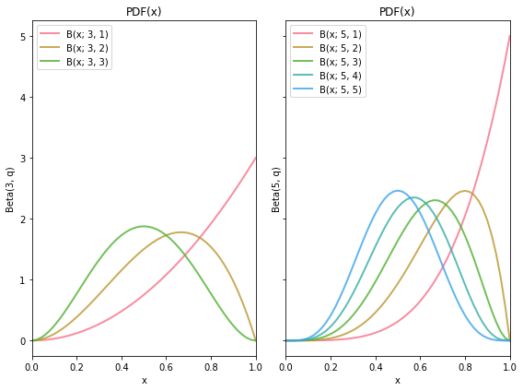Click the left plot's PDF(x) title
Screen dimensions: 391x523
click(x=144, y=12)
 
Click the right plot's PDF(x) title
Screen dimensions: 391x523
click(x=397, y=12)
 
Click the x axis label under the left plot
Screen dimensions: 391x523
click(x=144, y=380)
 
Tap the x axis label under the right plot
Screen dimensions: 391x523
click(x=397, y=380)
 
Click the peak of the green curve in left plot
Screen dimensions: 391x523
click(x=144, y=226)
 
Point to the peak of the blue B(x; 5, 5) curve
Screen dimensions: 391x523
click(x=398, y=191)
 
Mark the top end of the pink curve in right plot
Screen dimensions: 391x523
click(x=509, y=36)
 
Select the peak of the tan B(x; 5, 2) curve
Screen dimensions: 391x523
click(x=465, y=191)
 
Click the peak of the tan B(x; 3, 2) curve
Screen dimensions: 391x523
click(x=181, y=232)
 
